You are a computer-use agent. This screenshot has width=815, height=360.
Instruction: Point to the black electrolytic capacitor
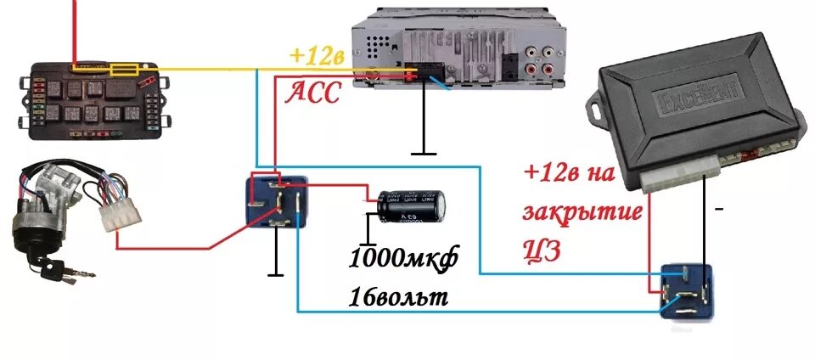(x=413, y=207)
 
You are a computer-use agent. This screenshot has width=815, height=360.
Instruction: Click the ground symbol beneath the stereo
(x=423, y=154)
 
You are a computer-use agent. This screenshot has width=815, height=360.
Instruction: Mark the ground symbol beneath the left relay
(x=275, y=273)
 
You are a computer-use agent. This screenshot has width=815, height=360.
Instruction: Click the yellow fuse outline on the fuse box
(x=128, y=71)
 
